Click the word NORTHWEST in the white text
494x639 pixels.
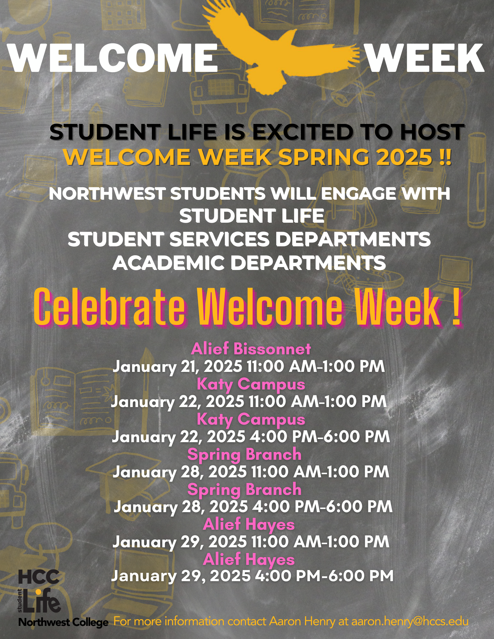pyautogui.click(x=107, y=194)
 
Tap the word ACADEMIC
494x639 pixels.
pyautogui.click(x=169, y=263)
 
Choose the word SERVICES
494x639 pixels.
pyautogui.click(x=219, y=239)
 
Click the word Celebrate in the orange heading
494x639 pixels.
pyautogui.click(x=110, y=307)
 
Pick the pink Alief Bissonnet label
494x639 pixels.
pyautogui.click(x=251, y=349)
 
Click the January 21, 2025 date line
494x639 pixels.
pyautogui.click(x=248, y=366)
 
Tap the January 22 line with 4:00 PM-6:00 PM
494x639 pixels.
pyautogui.click(x=251, y=437)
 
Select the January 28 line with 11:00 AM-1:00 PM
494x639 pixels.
pyautogui.click(x=251, y=472)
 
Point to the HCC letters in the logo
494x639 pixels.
pyautogui.click(x=39, y=577)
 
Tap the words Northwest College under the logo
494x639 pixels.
pyautogui.click(x=63, y=622)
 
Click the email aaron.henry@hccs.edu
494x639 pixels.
pyautogui.click(x=410, y=621)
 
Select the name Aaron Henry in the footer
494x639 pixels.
pyautogui.click(x=302, y=621)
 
